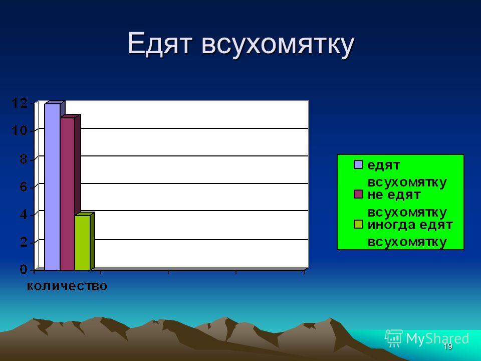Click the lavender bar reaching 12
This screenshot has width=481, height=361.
click(53, 187)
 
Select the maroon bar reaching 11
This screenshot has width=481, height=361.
click(68, 194)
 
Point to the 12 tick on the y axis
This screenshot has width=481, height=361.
click(20, 103)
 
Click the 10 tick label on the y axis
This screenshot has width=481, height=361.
click(20, 131)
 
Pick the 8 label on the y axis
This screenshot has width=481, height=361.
click(24, 159)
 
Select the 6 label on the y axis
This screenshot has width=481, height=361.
click(24, 187)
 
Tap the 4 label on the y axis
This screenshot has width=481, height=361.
click(24, 214)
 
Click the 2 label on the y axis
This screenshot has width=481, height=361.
click(24, 242)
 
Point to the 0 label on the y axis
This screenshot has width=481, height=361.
click(24, 270)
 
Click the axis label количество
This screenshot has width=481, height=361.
click(67, 286)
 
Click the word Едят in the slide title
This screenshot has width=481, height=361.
click(160, 44)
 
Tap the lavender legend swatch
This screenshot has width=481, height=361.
click(358, 164)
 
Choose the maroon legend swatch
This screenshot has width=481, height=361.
click(358, 194)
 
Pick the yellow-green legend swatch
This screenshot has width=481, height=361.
click(358, 224)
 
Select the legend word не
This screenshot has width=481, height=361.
click(375, 195)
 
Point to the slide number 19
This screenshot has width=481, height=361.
click(448, 346)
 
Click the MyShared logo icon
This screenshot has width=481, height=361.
click(394, 338)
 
